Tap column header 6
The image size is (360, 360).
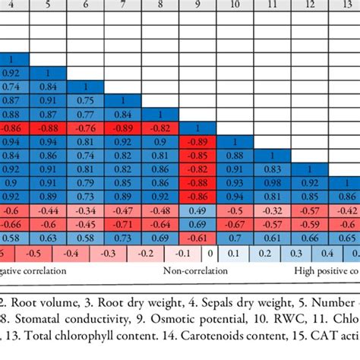pyautogui.click(x=86, y=4)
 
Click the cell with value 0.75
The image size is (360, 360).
pyautogui.click(x=86, y=100)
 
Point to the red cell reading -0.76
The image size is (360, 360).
pyautogui.click(x=86, y=128)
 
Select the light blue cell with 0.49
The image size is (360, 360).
pyautogui.click(x=198, y=210)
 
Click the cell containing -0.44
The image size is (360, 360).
pyautogui.click(x=49, y=210)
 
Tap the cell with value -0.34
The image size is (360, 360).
pyautogui.click(x=86, y=210)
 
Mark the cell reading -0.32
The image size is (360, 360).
pyautogui.click(x=272, y=210)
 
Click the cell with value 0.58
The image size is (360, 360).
pyautogui.click(x=86, y=238)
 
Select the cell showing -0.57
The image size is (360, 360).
pyautogui.click(x=308, y=210)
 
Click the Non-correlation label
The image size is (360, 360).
pyautogui.click(x=185, y=270)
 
